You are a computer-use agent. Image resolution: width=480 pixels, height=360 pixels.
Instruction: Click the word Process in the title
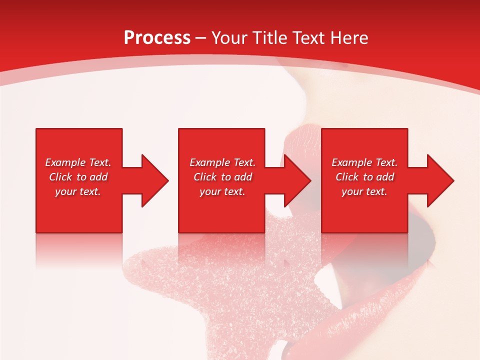pyautogui.click(x=157, y=38)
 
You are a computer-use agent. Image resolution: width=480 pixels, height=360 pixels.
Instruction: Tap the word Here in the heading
pyautogui.click(x=348, y=38)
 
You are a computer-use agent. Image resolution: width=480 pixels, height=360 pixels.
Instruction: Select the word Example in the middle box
pyautogui.click(x=209, y=162)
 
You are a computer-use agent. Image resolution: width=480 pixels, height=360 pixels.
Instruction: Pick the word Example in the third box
pyautogui.click(x=351, y=162)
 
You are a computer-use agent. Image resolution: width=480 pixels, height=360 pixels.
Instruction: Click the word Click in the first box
pyautogui.click(x=60, y=177)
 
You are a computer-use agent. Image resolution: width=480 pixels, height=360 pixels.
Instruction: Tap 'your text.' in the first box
pyautogui.click(x=78, y=191)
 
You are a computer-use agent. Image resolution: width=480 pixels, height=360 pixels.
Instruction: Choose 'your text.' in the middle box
pyautogui.click(x=222, y=191)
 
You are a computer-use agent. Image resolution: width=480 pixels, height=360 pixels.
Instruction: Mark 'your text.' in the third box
pyautogui.click(x=364, y=191)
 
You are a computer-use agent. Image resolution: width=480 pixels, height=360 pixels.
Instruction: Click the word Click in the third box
pyautogui.click(x=347, y=177)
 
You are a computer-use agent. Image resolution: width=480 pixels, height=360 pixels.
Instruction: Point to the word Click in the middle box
pyautogui.click(x=205, y=177)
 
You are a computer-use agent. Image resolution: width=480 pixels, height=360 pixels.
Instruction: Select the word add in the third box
pyautogui.click(x=385, y=177)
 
